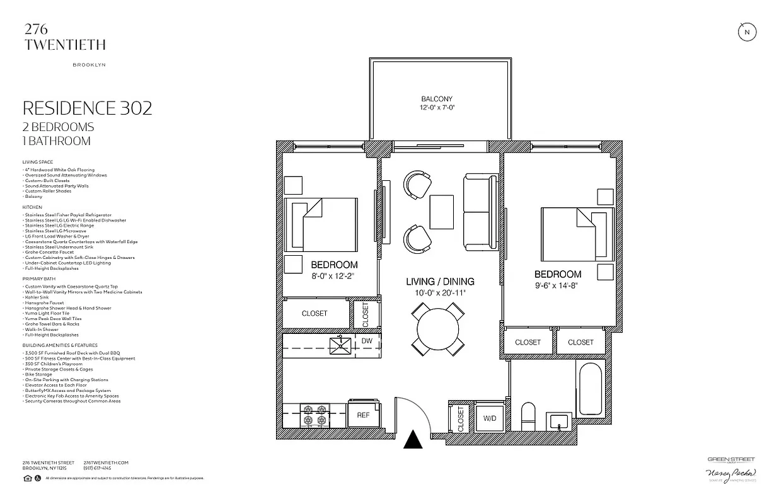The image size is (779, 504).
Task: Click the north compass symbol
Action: [747, 32]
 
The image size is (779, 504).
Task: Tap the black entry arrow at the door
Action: [413, 440]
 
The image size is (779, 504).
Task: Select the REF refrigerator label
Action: [364, 415]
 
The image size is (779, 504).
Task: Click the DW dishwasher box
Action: [367, 341]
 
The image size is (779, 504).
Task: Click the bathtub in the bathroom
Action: [589, 388]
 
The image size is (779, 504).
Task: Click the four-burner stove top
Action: [313, 415]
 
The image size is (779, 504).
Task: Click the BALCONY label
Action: [437, 99]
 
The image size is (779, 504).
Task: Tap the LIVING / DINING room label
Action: [440, 282]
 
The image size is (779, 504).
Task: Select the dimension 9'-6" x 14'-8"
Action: [557, 285]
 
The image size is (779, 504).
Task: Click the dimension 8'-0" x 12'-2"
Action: [334, 275]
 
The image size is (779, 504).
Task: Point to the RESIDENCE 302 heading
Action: [87, 108]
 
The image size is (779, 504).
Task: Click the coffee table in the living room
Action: [441, 212]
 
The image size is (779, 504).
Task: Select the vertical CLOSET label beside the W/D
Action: [461, 418]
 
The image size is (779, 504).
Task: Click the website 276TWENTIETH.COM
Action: [106, 462]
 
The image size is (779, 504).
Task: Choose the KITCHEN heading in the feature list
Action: [32, 207]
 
